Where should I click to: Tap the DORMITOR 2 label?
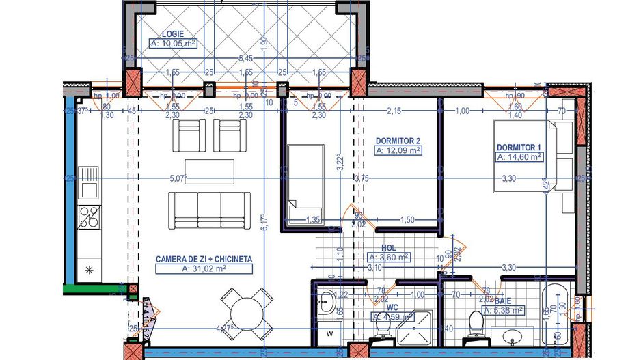click(397, 141)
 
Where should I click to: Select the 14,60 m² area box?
click(519, 156)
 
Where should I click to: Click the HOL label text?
click(388, 249)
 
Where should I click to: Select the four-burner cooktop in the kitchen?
click(89, 217)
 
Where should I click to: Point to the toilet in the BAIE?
click(478, 321)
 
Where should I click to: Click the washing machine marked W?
click(330, 334)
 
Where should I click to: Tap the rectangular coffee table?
click(210, 171)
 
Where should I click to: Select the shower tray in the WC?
click(413, 328)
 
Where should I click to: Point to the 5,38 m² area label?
click(504, 310)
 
